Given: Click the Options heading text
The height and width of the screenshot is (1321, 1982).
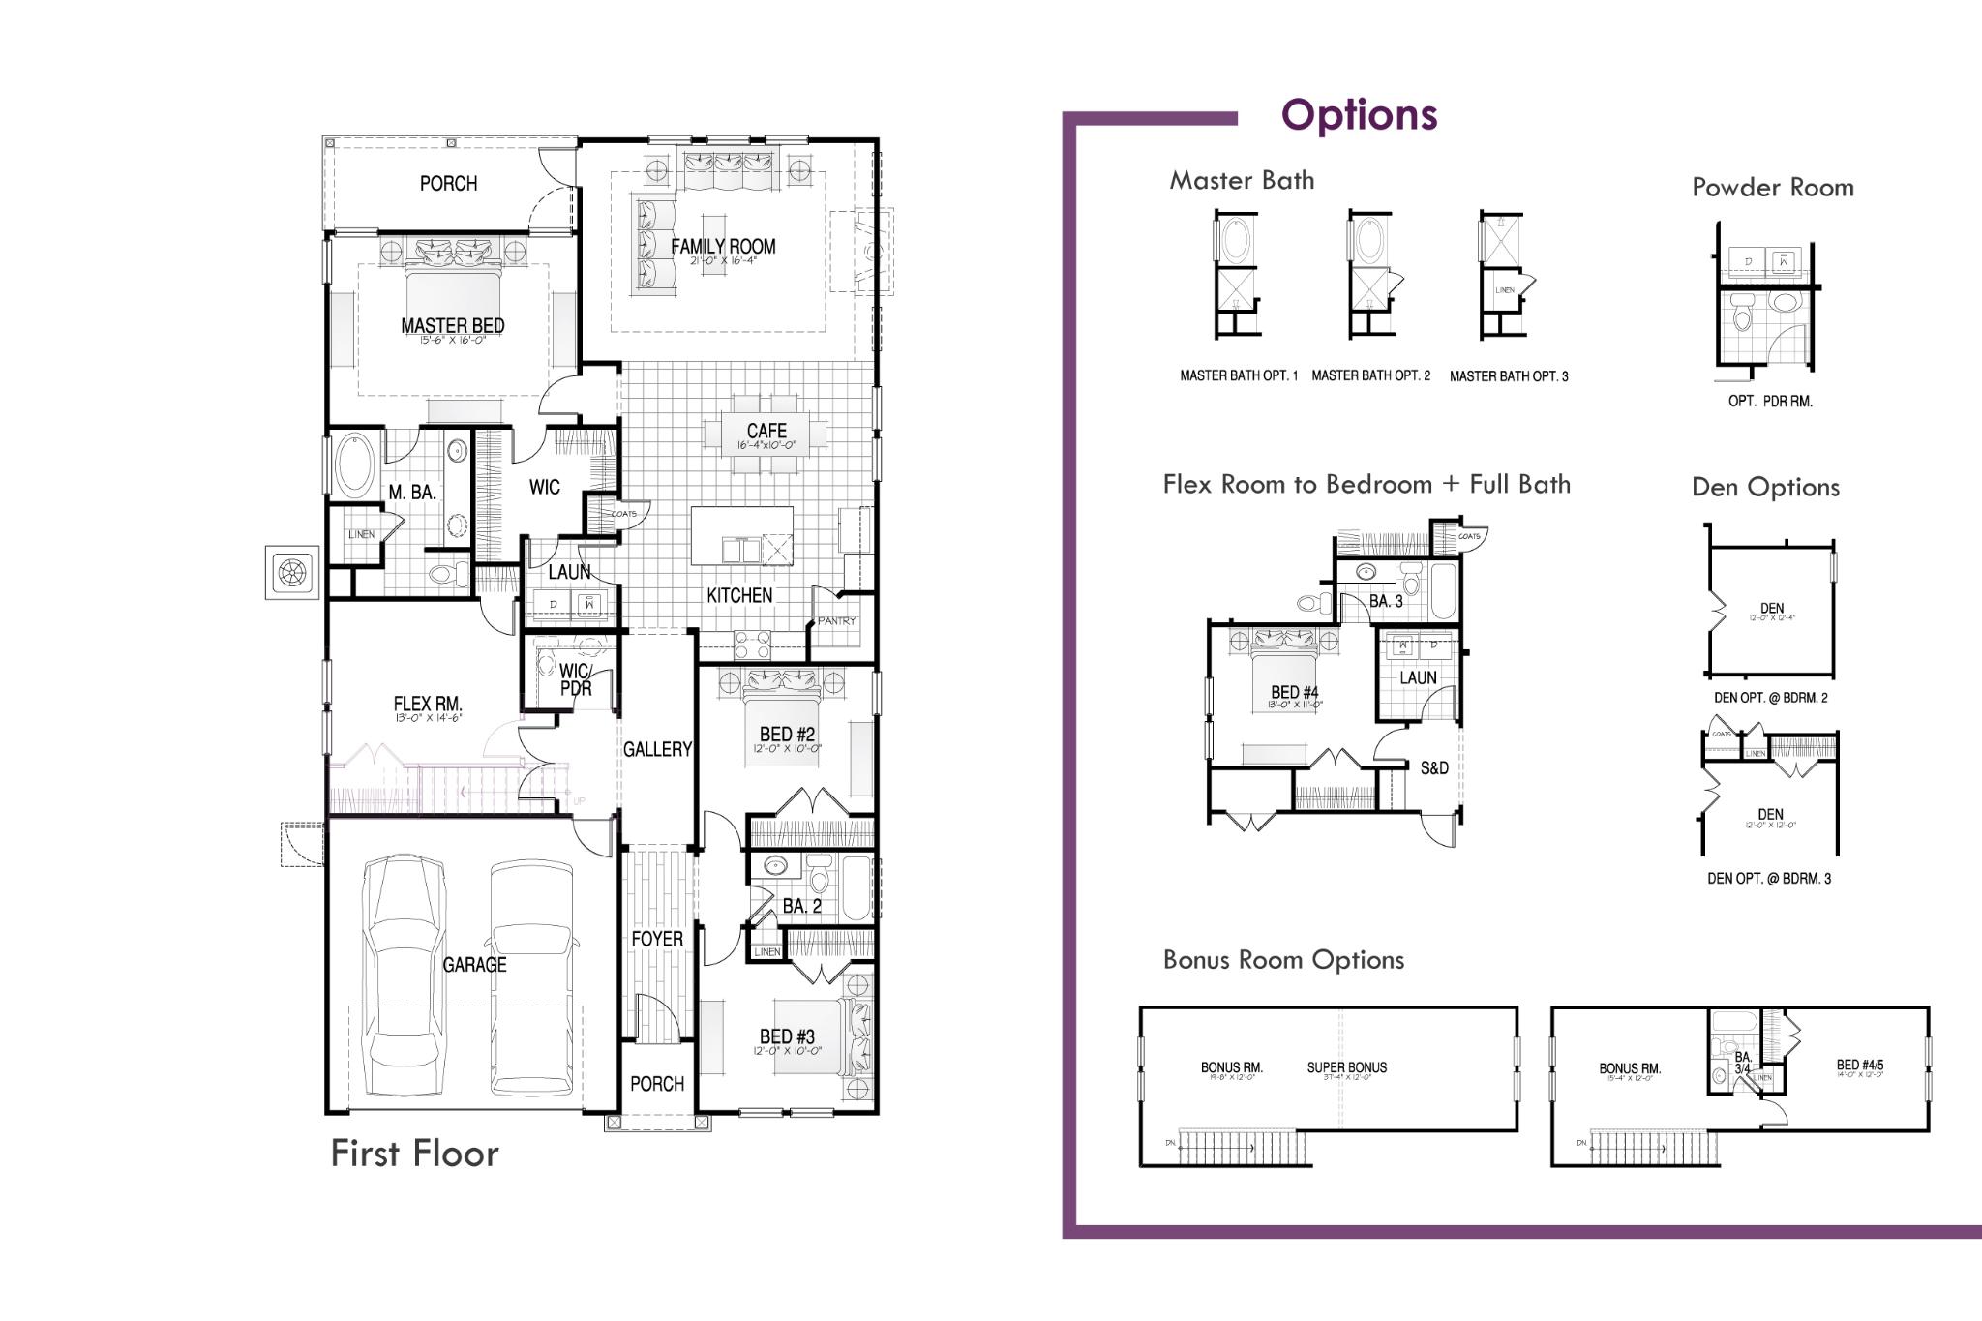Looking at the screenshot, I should pos(1359,115).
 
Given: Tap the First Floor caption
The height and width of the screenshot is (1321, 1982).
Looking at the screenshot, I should pos(414,1154).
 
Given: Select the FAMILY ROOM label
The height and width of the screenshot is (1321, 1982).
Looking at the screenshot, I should pos(723,247).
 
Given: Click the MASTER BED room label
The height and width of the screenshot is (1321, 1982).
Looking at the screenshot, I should pos(452,326).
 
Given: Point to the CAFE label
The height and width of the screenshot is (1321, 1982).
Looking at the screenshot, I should pos(766,431).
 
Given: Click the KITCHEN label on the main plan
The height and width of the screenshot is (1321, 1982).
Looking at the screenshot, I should pos(739,596).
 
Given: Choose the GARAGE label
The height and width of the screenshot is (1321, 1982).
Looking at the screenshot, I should pos(474,965).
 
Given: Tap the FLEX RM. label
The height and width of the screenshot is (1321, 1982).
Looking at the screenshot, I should pos(428,705).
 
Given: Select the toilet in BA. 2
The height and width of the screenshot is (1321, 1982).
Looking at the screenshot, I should pos(820,879).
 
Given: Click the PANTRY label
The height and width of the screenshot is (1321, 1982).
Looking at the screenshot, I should pos(836,621).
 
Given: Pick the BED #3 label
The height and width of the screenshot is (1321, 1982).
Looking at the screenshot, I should pos(787,1037).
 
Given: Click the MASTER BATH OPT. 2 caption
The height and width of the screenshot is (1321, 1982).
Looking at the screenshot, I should pos(1370,375).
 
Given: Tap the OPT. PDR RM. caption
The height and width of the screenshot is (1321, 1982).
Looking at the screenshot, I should pos(1770,401).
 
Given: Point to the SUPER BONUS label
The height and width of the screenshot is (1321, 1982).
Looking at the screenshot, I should pos(1346,1067).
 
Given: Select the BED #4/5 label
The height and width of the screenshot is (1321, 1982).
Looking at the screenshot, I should pos(1859,1066).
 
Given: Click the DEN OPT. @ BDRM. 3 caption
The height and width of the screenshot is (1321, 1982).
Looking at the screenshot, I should pos(1769,879).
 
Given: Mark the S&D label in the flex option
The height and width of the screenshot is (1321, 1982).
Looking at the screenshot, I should pos(1434,768).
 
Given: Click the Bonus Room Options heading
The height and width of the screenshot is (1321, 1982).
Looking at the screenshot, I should pos(1283,960).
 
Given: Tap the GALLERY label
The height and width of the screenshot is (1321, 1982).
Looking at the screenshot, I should pos(657,749).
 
